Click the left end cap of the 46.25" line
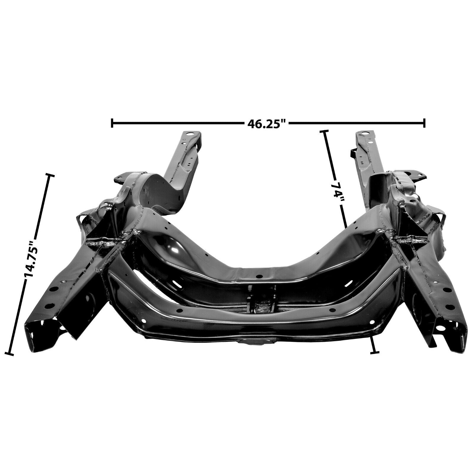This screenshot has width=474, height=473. (x=112, y=123)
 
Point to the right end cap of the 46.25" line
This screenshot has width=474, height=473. (x=425, y=123)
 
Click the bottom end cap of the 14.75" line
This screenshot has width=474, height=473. (x=10, y=353)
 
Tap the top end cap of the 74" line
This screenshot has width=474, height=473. (x=324, y=131)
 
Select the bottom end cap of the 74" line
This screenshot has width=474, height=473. (x=375, y=352)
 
